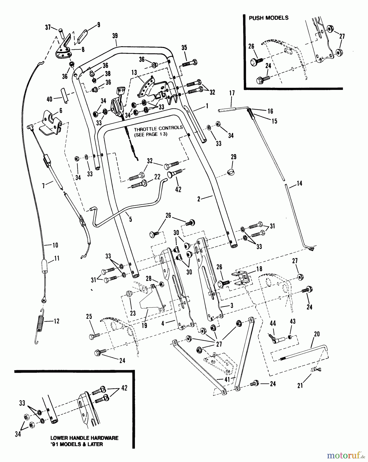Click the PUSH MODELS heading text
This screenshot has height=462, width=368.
pyautogui.click(x=268, y=18)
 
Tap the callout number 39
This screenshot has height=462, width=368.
pyautogui.click(x=115, y=36)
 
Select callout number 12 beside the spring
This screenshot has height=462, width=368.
pyautogui.click(x=56, y=321)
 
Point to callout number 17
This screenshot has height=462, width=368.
pyautogui.click(x=232, y=93)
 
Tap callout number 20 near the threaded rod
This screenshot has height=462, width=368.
pyautogui.click(x=317, y=334)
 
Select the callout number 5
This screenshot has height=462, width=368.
pyautogui.click(x=131, y=219)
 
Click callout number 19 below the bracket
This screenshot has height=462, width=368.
pyautogui.click(x=144, y=325)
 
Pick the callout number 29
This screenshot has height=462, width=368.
pyautogui.click(x=233, y=157)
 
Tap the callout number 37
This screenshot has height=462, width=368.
pyautogui.click(x=48, y=27)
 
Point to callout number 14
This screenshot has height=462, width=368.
pyautogui.click(x=299, y=183)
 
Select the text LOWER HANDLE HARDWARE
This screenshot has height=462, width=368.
pyautogui.click(x=84, y=438)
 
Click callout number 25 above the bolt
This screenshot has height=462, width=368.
pyautogui.click(x=89, y=316)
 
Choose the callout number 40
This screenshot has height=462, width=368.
pyautogui.click(x=49, y=99)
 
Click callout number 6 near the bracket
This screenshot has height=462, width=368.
pyautogui.click(x=61, y=111)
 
